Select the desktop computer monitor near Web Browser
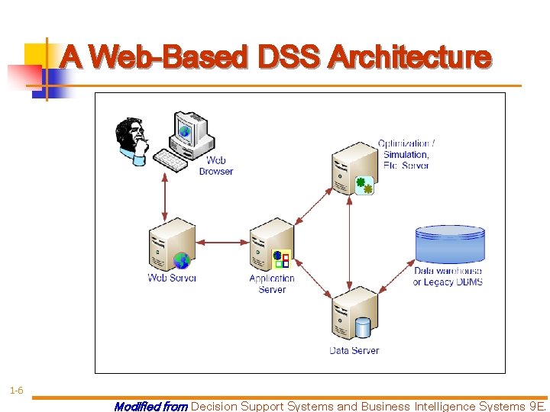pos(191,131)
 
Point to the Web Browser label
pos(215,166)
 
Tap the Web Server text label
pos(172,278)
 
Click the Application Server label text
pos(271,284)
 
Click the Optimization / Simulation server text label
pos(406,154)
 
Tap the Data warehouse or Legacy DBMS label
pos(448,276)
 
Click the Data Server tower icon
pos(353,313)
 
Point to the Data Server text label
pos(354,351)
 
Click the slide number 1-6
pos(16,391)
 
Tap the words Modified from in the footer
pos(150,407)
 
